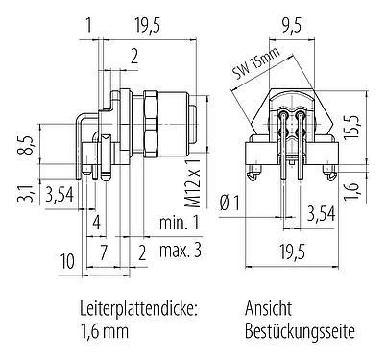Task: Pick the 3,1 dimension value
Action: tap(31, 197)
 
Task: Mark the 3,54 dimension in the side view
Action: tap(60, 197)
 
